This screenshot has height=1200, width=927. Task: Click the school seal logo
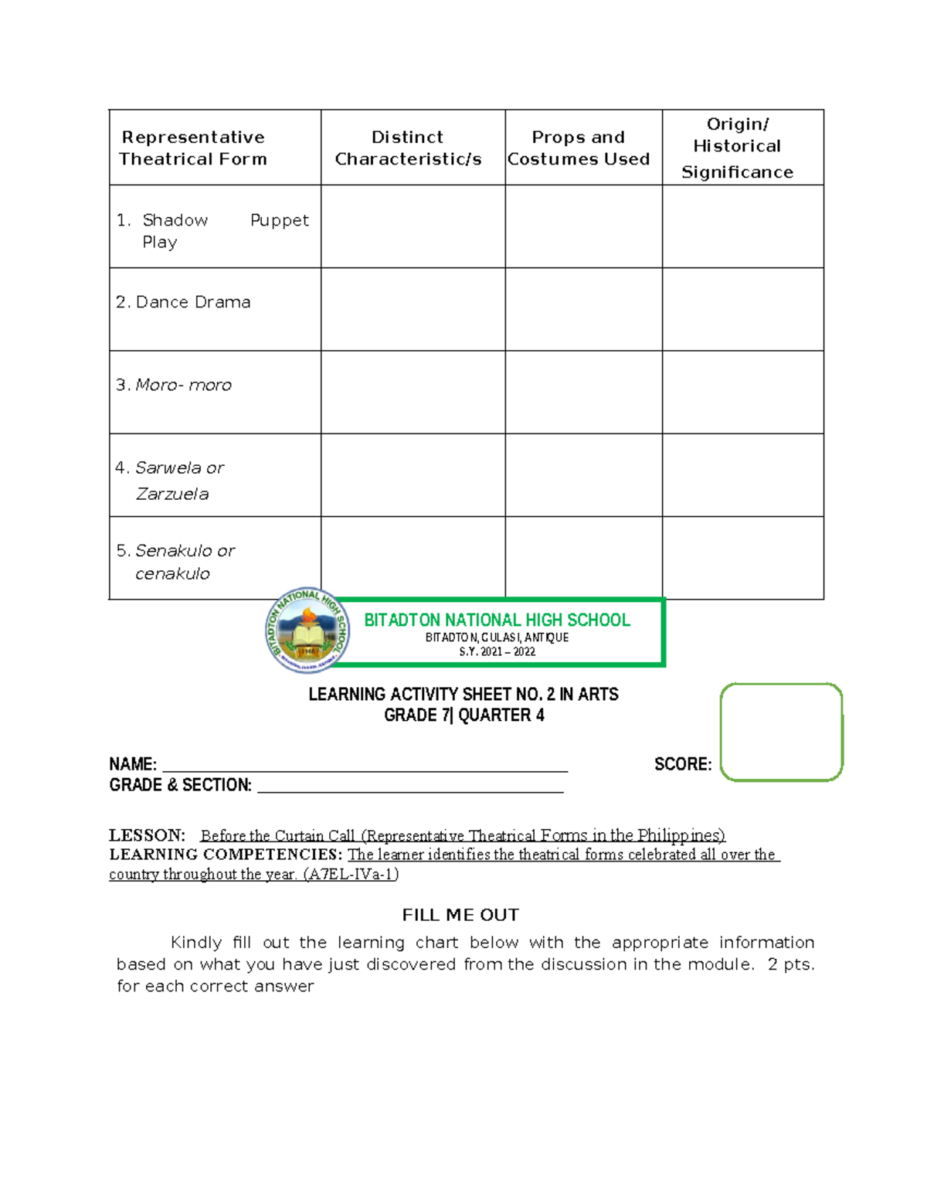[307, 631]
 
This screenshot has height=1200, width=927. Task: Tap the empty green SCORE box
[781, 732]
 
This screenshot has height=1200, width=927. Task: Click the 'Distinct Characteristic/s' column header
[408, 148]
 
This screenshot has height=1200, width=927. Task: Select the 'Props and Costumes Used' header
[579, 148]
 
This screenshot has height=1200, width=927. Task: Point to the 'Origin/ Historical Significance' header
[737, 148]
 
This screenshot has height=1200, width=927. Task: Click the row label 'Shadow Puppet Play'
[212, 230]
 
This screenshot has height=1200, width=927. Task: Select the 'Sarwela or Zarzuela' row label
[171, 480]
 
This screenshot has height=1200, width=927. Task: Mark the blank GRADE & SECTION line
[409, 785]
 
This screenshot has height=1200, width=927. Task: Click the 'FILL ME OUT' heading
[460, 915]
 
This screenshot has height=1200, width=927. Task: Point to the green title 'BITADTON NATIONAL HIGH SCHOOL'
[497, 620]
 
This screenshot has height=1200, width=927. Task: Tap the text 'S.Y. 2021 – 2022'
[497, 651]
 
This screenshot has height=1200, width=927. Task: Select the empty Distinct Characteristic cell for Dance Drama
[413, 309]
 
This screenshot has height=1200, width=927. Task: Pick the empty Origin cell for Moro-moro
[742, 392]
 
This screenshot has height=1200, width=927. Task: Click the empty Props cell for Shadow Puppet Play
[583, 226]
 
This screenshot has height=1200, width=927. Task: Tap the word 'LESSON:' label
[147, 835]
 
